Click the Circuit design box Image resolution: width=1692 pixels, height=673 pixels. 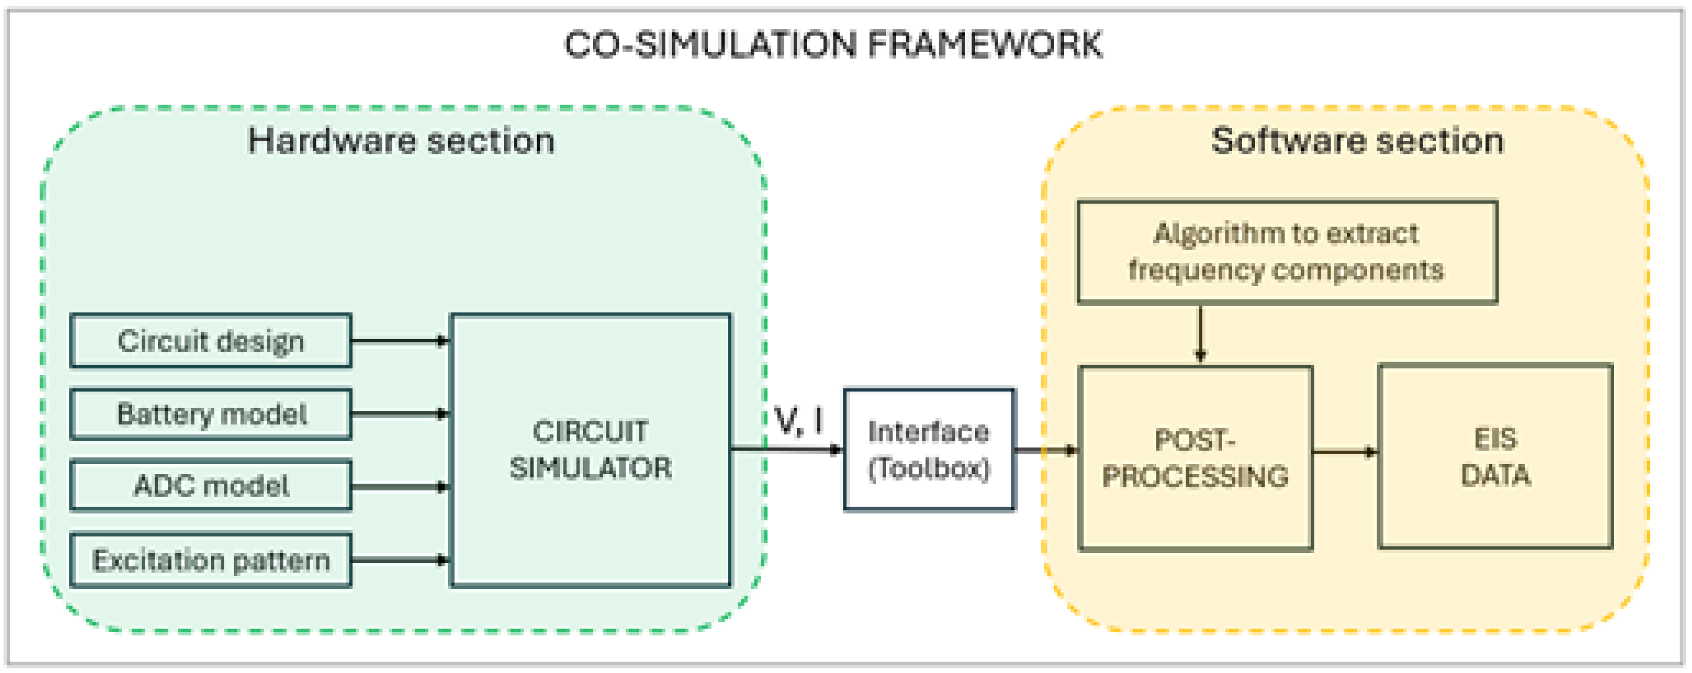210,340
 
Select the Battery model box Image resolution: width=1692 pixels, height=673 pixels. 210,414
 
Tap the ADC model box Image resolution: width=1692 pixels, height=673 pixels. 210,486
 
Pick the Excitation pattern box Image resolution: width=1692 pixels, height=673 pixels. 210,560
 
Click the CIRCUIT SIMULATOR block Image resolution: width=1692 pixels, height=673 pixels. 590,450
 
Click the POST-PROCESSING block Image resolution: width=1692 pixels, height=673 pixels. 1195,458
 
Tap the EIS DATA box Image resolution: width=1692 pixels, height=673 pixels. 1495,456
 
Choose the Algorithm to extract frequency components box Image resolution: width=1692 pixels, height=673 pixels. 1286,252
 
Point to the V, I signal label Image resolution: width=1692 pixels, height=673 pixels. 799,421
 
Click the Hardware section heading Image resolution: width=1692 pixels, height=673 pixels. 401,141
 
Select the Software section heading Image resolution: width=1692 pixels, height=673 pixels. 1357,141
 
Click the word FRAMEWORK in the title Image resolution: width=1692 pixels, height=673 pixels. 985,44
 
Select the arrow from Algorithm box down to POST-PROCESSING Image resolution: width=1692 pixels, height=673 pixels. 1200,334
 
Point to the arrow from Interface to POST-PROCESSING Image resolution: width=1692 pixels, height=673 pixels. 1046,450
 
